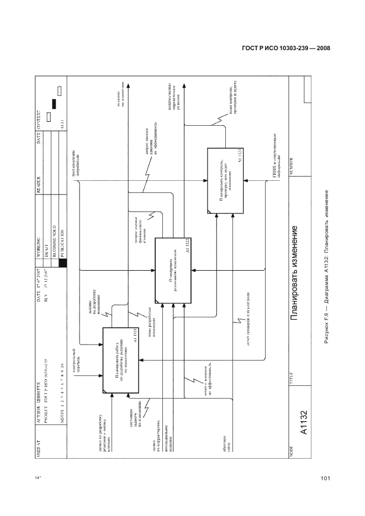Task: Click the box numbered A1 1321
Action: [120, 361]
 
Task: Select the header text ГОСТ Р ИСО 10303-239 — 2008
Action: [286, 48]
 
